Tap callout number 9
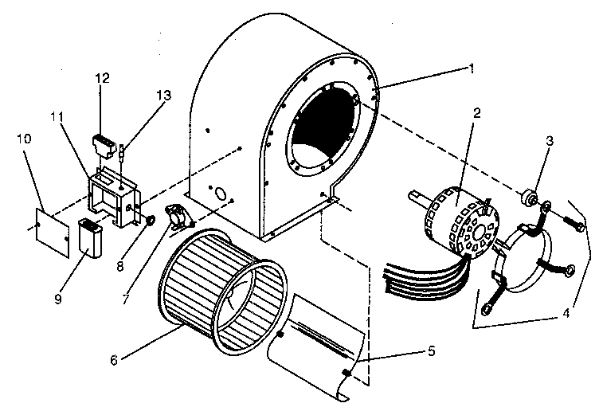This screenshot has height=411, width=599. (x=57, y=276)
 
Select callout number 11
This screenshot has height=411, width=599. (x=57, y=117)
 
